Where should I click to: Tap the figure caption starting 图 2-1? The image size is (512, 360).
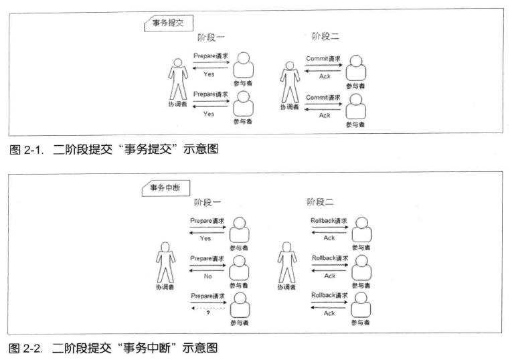pyautogui.click(x=110, y=150)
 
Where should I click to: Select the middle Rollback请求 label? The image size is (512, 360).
pyautogui.click(x=329, y=258)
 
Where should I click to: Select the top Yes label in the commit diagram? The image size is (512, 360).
pyautogui.click(x=209, y=74)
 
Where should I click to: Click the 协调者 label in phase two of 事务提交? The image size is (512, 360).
pyautogui.click(x=289, y=108)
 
